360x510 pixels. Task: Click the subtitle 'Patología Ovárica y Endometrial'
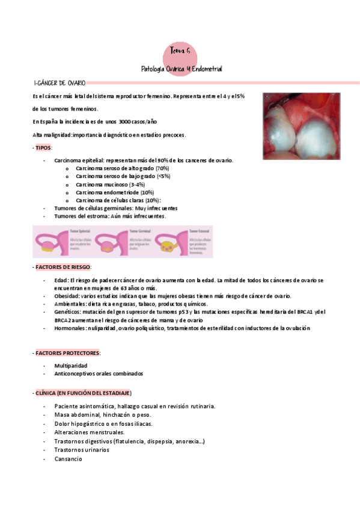(181, 69)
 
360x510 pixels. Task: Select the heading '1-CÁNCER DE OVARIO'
(60, 82)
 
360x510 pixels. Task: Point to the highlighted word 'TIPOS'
(43, 147)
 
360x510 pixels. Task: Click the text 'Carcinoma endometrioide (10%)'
(115, 192)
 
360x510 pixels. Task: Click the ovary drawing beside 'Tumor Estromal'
(171, 244)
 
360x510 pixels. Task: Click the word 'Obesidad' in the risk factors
(66, 296)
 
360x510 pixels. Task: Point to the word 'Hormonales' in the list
(69, 328)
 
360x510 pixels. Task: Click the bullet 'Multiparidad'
(70, 366)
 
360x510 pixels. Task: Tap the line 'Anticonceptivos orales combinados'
(99, 373)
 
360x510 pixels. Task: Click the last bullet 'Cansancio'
(68, 459)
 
